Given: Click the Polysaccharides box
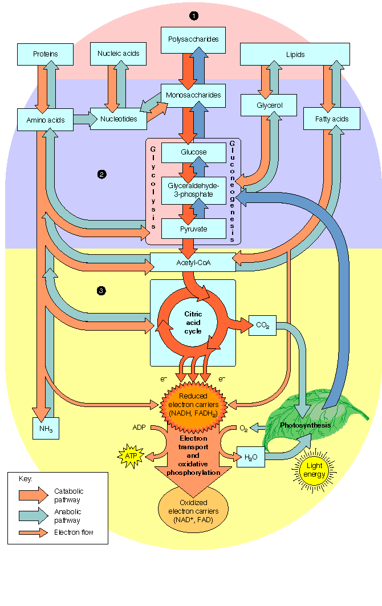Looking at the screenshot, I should point(193,39).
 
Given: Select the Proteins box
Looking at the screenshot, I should point(46,54).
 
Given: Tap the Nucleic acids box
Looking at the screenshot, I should point(119,54).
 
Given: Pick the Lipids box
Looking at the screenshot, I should point(295,55).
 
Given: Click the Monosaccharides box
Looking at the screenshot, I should point(193,95).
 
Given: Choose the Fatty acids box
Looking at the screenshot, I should point(331,119).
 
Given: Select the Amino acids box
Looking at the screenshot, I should point(46,120).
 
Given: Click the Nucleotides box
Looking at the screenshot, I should point(119,119).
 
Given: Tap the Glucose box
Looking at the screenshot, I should point(194,153).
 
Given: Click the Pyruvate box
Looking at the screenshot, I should point(194,229).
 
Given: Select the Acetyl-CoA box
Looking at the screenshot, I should point(193,263).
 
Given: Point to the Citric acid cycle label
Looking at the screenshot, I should point(193,323).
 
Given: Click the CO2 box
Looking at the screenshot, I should point(263,326).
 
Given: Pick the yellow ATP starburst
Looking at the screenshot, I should point(131,455).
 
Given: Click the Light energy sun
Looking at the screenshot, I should point(314,470).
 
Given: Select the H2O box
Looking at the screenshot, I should point(250,457).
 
